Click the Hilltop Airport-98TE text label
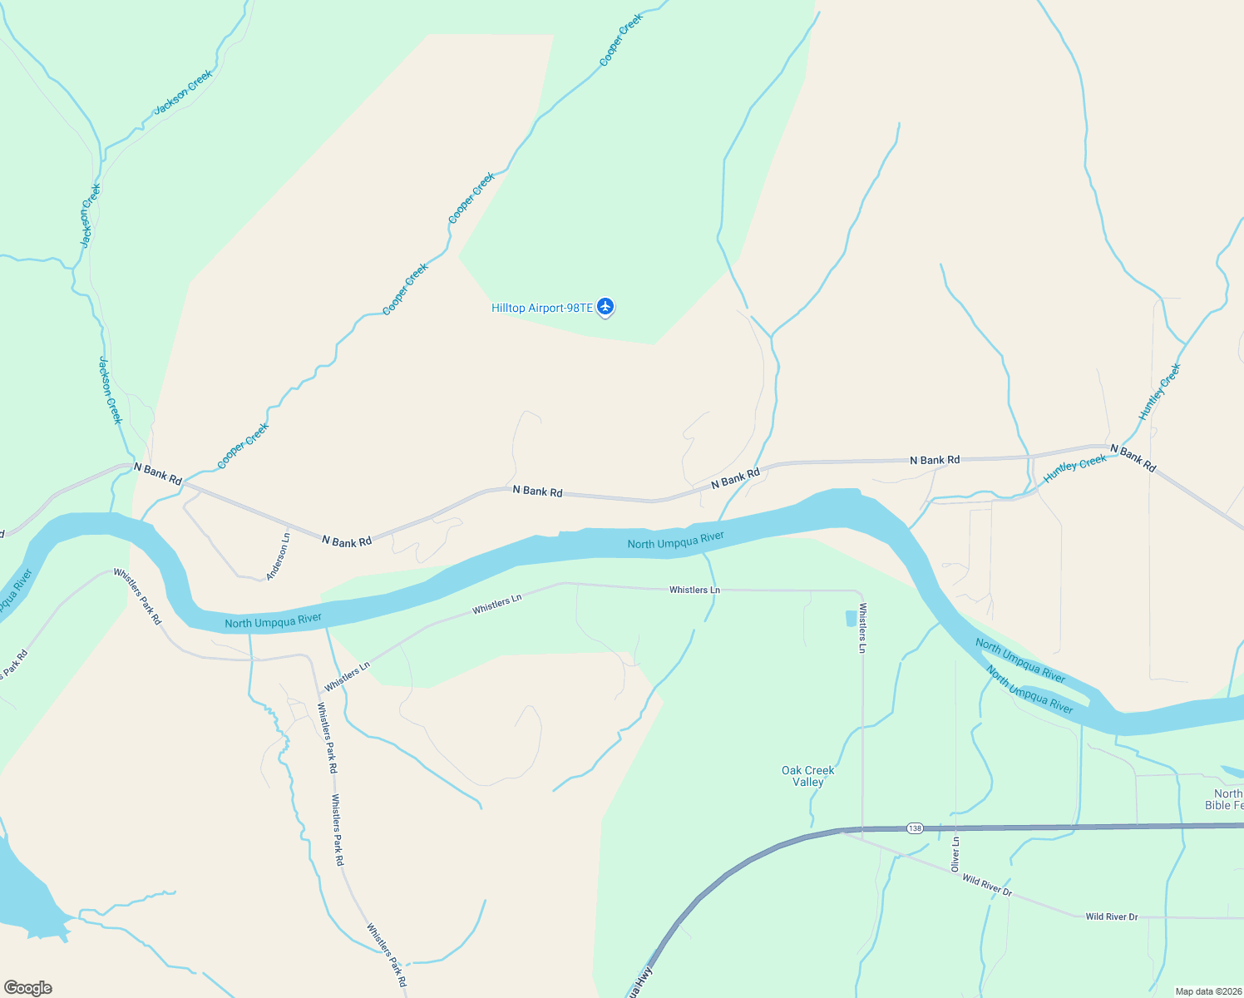tap(542, 308)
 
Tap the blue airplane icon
tap(605, 307)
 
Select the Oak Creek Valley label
tap(807, 776)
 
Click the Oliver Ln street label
tap(955, 854)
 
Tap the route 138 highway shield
tap(915, 828)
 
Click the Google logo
tap(27, 988)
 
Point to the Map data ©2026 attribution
tap(1207, 991)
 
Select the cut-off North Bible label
tap(1225, 799)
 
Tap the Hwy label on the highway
tap(640, 982)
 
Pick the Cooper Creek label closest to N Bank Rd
tap(243, 446)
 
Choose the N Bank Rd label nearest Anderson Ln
tap(347, 541)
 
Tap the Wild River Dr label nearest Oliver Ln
tap(987, 884)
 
